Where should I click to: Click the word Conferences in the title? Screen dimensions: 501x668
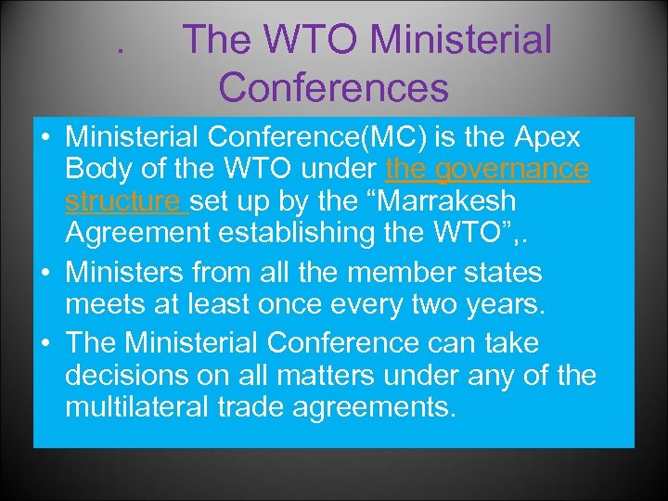pos(334,87)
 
